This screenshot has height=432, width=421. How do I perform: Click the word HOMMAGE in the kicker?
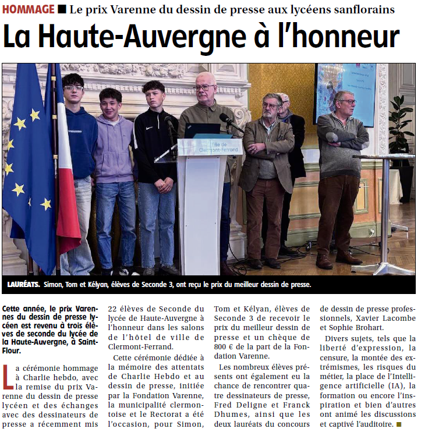pyautogui.click(x=28, y=9)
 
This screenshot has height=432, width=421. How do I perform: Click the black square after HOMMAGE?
pyautogui.click(x=62, y=9)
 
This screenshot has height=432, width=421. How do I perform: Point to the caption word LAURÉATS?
pyautogui.click(x=24, y=285)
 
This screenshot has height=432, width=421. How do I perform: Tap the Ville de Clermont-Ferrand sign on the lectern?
pyautogui.click(x=210, y=145)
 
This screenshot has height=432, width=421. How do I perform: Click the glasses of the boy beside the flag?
pyautogui.click(x=73, y=88)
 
